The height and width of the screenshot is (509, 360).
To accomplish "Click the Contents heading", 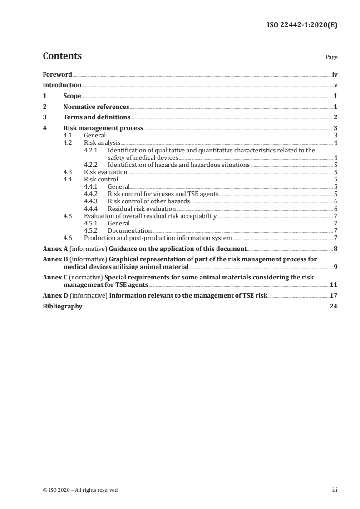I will coord(62,56).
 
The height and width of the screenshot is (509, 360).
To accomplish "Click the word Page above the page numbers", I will coord(331,58).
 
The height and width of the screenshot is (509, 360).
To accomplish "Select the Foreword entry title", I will coord(57,74).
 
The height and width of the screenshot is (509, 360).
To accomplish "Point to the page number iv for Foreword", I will coord(335,74).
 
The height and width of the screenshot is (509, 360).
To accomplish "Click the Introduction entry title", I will coord(62,85).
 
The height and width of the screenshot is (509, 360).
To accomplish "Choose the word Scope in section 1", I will coord(72,96).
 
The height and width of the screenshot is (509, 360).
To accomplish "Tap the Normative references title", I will coord(96,107).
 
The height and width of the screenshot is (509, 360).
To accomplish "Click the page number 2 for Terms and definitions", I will coord(335,118).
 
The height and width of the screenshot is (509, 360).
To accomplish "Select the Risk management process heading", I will coord(103,128).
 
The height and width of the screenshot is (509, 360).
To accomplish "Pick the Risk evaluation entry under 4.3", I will coord(106,172).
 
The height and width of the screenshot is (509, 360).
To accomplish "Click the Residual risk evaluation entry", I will coord(142,208).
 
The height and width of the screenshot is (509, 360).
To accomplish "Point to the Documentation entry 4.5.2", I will coord(130,230).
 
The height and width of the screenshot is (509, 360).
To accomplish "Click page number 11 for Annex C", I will coord(334,285).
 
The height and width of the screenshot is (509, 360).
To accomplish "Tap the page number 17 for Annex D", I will coord(334,296).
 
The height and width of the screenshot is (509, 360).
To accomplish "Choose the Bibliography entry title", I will coord(62,307).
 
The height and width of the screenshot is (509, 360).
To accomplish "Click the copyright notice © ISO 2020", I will coord(80,490).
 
